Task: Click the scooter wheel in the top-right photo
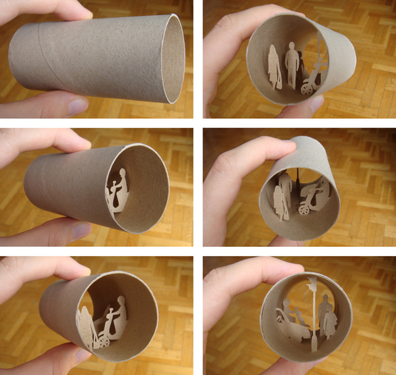(306, 88)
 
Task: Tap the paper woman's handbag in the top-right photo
(278, 83)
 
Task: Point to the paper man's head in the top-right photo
(291, 47)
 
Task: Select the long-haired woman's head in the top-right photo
(273, 51)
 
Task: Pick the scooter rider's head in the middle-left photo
(120, 175)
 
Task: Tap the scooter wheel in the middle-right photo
(304, 209)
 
